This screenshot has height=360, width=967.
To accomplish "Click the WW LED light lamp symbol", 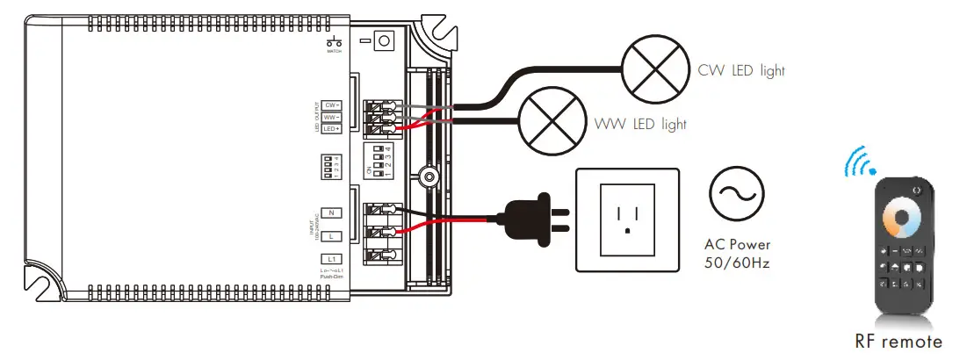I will (x=552, y=124).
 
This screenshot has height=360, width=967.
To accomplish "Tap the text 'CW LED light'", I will (x=741, y=70).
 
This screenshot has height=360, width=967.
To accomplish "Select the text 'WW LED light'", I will (x=640, y=124).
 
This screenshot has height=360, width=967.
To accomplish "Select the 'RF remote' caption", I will (x=898, y=342).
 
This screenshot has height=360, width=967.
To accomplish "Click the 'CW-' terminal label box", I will (x=331, y=105).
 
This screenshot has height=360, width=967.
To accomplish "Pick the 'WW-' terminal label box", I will (x=331, y=117).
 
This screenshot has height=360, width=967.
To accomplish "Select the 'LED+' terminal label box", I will (x=331, y=128).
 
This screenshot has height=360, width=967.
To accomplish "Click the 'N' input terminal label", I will (x=330, y=212).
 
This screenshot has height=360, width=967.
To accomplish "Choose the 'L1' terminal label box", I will (x=330, y=259).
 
